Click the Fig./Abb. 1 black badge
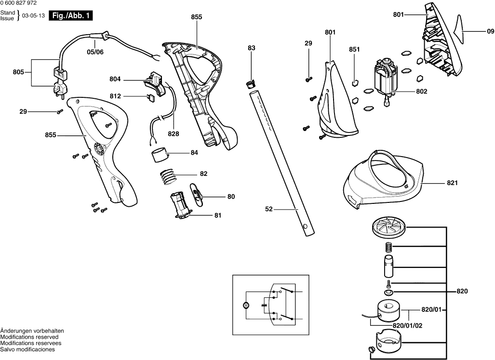coord(72,15)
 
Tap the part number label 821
coord(452,183)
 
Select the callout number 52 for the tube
coord(269,209)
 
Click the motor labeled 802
coord(384,80)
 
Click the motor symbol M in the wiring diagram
coord(245,305)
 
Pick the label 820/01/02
coord(408,325)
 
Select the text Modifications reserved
coord(29,337)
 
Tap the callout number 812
coord(115,96)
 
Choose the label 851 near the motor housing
coord(354,50)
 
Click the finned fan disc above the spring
coord(389,227)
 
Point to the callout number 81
coord(218,215)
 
